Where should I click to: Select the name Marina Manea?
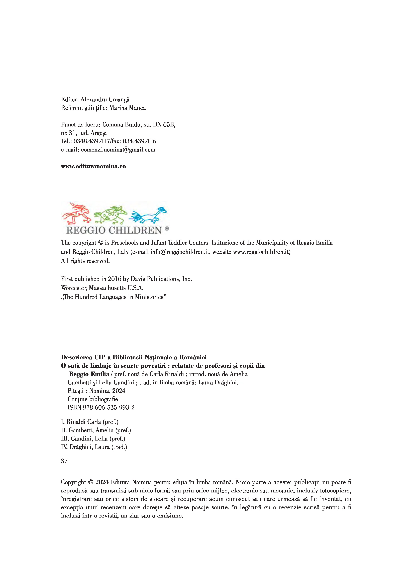click(x=128, y=108)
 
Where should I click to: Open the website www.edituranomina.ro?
click(x=93, y=166)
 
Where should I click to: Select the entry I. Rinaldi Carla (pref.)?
click(x=89, y=422)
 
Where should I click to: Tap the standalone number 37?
click(x=64, y=461)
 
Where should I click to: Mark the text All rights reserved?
click(x=85, y=261)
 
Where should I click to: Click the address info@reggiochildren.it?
click(x=180, y=252)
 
